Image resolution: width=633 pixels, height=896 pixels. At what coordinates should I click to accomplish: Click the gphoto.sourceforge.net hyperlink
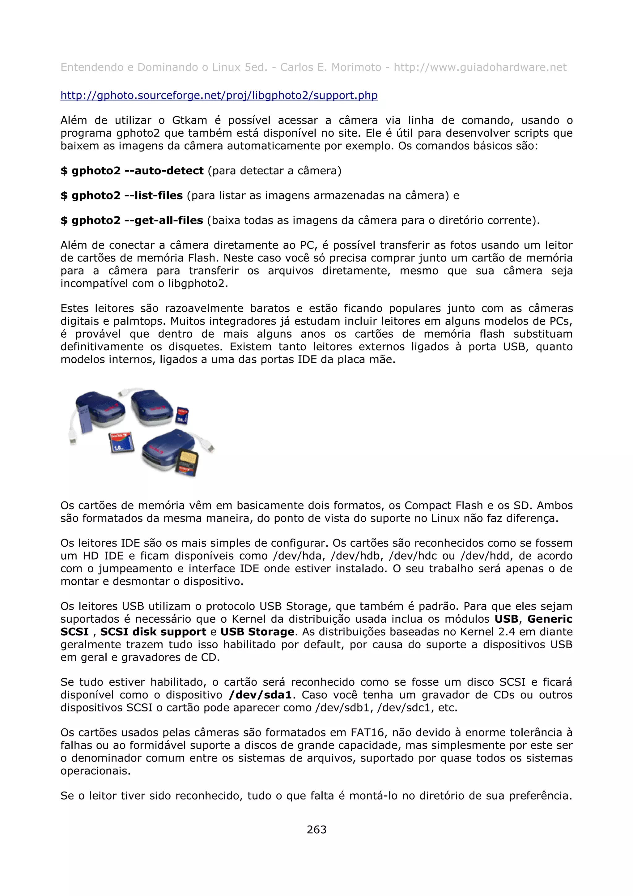(219, 95)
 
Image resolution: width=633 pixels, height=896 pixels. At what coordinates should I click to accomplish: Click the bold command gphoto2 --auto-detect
(133, 171)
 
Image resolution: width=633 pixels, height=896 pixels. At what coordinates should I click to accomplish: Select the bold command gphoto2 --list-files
(122, 195)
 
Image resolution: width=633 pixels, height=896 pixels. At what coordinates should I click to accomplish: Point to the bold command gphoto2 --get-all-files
(132, 220)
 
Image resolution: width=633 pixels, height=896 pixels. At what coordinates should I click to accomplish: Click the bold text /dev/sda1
(260, 695)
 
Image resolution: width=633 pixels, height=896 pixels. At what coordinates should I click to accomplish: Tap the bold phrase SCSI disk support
(153, 632)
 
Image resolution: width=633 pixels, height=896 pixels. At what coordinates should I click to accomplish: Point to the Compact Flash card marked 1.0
(121, 442)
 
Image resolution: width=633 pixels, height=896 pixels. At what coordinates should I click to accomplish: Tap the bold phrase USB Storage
(257, 632)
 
